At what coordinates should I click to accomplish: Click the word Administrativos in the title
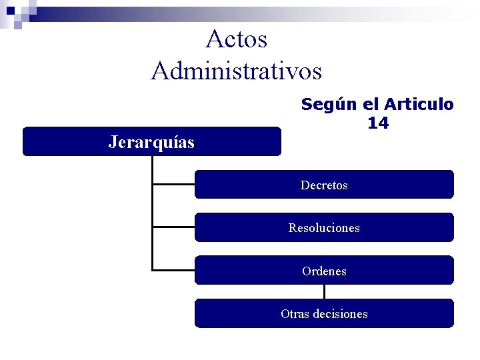(237, 70)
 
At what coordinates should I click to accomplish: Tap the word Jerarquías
(151, 142)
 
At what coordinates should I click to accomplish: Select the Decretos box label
(324, 185)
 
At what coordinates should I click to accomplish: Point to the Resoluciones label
(324, 228)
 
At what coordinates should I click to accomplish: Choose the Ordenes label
(324, 271)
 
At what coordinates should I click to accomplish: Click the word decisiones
(343, 314)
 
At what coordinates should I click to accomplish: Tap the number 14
(377, 123)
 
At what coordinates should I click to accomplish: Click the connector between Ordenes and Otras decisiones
(324, 291)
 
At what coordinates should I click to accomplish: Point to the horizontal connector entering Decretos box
(173, 184)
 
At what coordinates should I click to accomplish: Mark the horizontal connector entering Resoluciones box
(173, 227)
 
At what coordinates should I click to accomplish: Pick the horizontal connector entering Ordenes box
(173, 270)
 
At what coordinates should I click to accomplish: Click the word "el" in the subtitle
(370, 105)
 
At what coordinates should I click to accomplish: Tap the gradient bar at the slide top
(267, 11)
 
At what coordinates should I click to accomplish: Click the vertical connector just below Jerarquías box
(153, 167)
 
